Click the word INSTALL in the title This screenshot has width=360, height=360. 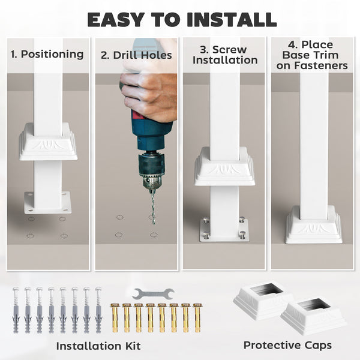coord(232,20)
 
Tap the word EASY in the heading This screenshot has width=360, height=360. coord(116,20)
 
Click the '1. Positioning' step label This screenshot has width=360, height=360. coord(47,55)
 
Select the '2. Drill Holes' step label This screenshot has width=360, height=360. coord(136,55)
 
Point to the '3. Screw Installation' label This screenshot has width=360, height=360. coord(225,55)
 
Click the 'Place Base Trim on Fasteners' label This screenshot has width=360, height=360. coord(312,55)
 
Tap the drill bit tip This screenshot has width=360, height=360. coord(154,223)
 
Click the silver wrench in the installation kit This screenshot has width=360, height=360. coord(154,293)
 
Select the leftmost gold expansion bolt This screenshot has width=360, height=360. coord(115,317)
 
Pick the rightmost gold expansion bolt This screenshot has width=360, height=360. coord(197,317)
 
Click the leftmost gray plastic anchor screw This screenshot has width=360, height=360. coord(16,310)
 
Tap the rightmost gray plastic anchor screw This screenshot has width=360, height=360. coord(98,310)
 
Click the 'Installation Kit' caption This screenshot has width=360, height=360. coord(98,346)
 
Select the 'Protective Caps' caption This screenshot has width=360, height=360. coord(287,345)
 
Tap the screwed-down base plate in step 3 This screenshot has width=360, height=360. coord(224,230)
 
